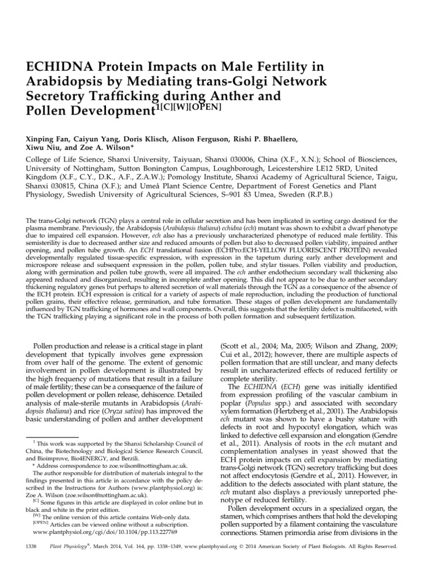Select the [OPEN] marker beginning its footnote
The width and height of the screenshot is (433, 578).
click(x=41, y=522)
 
